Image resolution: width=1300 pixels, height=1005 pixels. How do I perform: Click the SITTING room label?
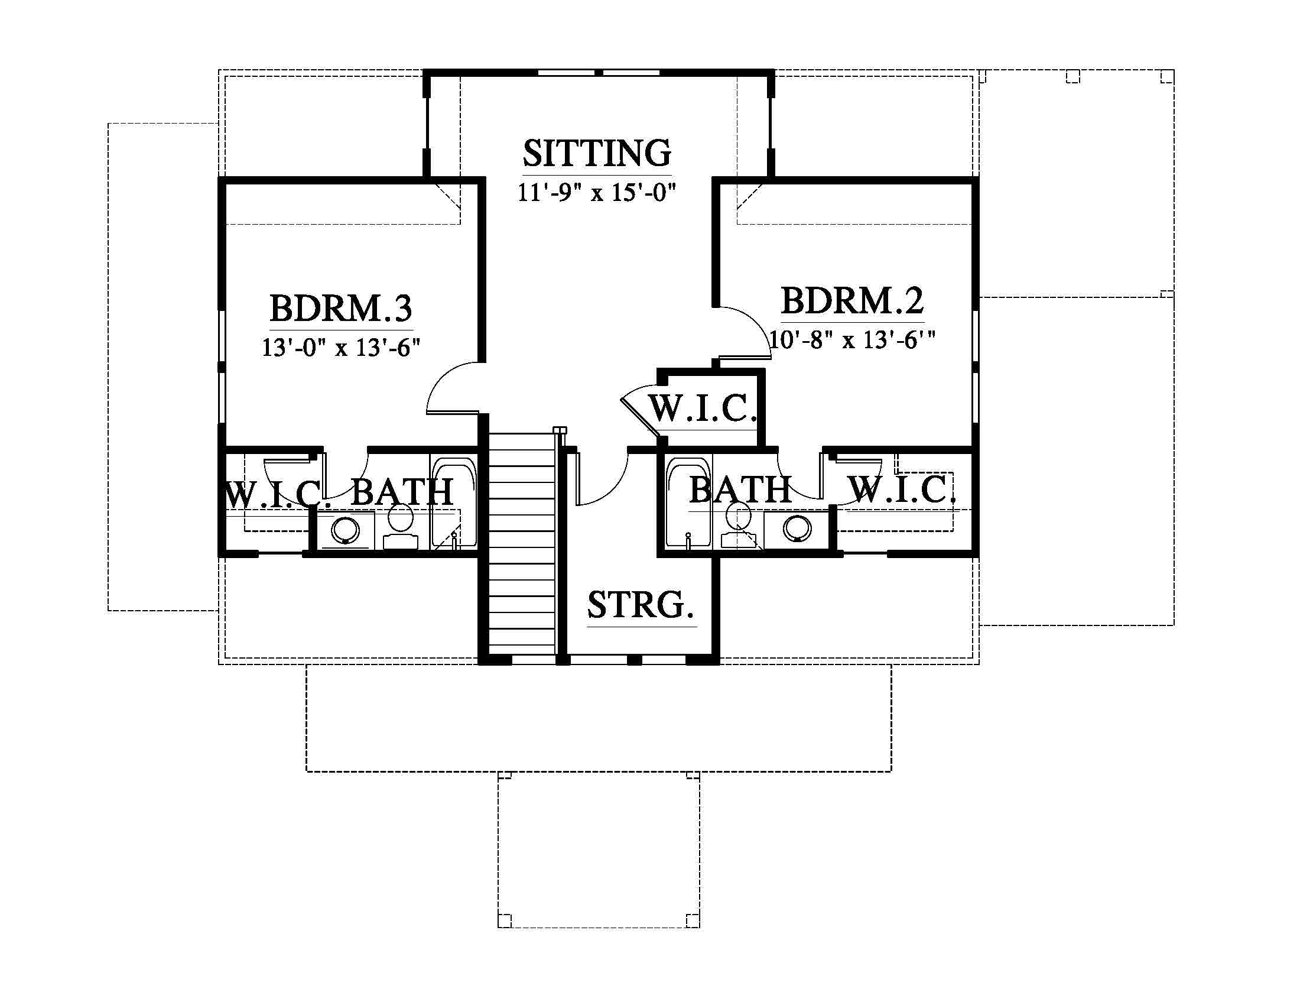tap(597, 153)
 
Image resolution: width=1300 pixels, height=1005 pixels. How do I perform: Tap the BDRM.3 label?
tap(341, 308)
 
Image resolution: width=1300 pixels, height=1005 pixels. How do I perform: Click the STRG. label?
tap(641, 604)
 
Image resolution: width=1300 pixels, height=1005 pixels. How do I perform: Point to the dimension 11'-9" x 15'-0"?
tap(597, 192)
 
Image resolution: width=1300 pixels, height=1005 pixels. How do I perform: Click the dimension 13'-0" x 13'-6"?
tap(341, 346)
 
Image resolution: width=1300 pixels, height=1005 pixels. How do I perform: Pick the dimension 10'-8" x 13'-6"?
tap(852, 339)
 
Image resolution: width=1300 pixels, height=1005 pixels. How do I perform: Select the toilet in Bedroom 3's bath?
tap(400, 526)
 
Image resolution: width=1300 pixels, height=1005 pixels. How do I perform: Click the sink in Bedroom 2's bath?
tap(797, 527)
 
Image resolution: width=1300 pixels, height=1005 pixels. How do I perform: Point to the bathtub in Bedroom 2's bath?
tap(688, 501)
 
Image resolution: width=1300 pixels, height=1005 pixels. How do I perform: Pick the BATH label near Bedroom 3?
tap(402, 492)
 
